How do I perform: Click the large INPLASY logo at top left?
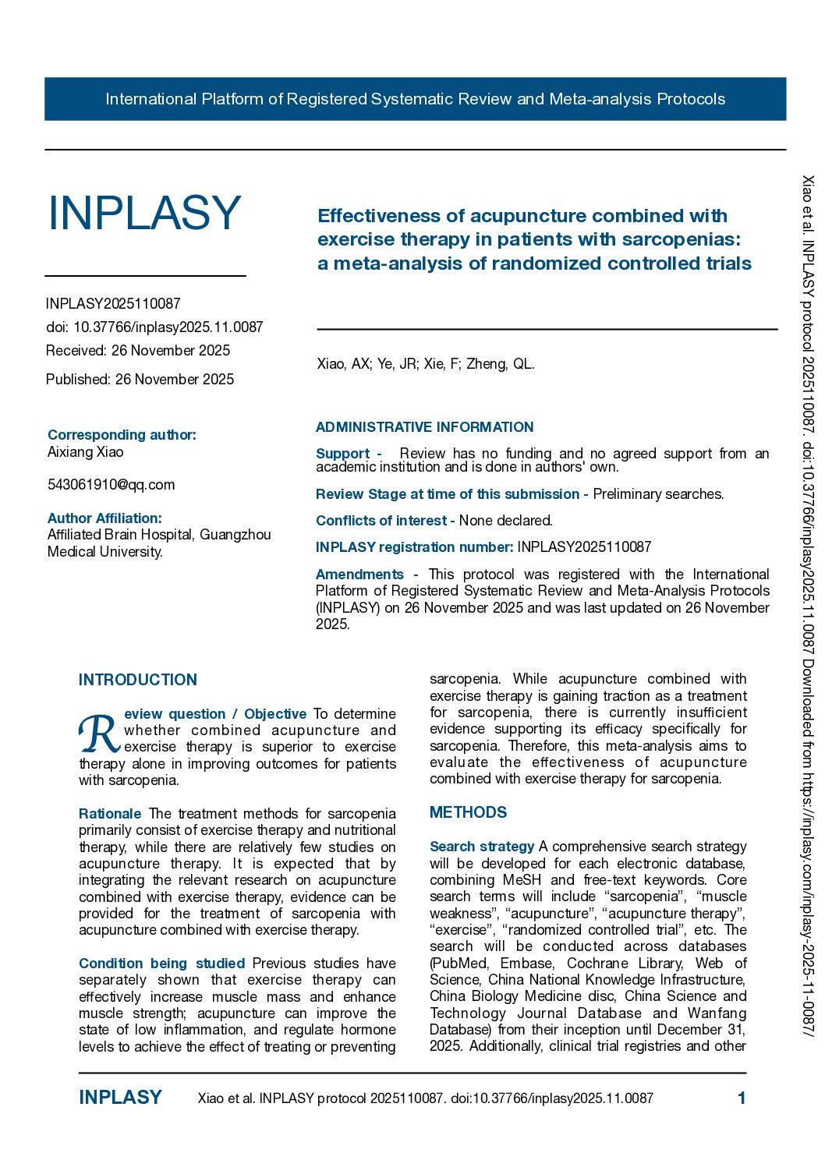point(144,213)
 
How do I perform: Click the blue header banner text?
point(415,99)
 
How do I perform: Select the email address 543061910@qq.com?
point(111,485)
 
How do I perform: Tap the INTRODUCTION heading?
point(138,680)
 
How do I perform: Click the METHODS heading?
point(468,812)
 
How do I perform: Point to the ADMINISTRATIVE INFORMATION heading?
point(424,427)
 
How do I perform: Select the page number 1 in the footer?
point(742,1098)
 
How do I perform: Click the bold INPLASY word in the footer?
point(120,1098)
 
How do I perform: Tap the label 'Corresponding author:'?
point(122,435)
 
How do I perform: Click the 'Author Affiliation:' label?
point(104,518)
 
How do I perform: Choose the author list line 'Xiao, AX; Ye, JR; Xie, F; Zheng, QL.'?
point(426,364)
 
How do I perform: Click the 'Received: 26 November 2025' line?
point(138,351)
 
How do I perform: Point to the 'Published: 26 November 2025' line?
point(140,380)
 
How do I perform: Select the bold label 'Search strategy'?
point(482,847)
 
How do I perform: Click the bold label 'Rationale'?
point(110,814)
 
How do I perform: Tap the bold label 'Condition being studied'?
point(162,964)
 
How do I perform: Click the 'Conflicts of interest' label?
point(381,521)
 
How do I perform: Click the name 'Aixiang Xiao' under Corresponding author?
point(86,452)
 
